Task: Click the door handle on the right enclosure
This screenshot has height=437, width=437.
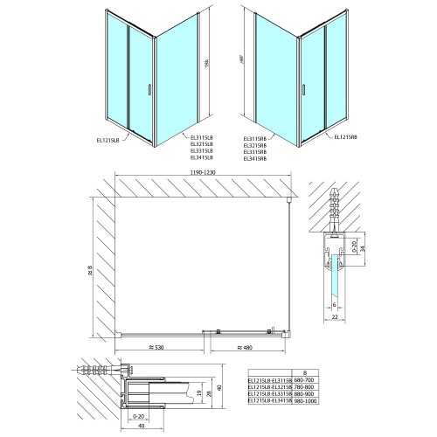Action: tap(302, 88)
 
